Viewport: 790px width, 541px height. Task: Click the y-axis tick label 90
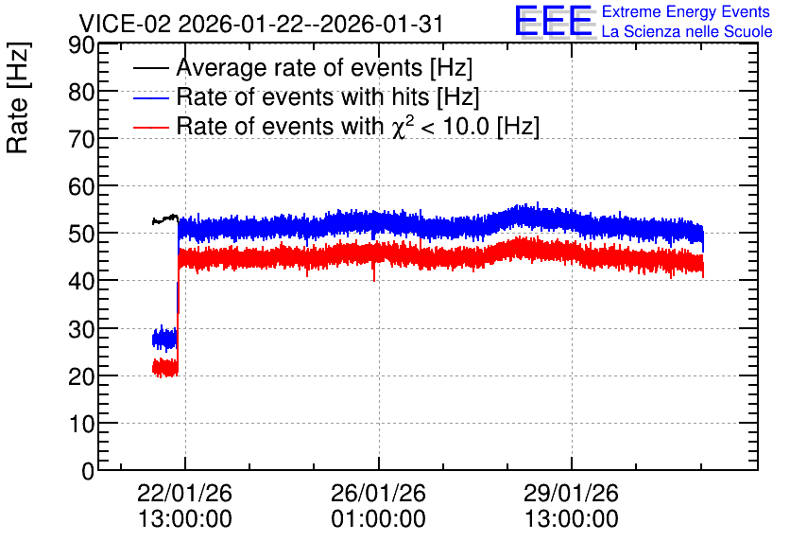click(80, 44)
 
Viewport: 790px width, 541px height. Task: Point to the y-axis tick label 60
click(80, 187)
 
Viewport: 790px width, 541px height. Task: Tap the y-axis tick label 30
click(80, 329)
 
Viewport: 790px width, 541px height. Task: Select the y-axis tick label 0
click(88, 471)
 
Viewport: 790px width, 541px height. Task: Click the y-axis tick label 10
click(80, 424)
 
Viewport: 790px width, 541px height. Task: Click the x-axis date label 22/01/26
click(184, 493)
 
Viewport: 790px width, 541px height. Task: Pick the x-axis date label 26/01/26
click(378, 493)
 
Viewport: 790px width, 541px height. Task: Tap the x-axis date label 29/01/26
click(571, 493)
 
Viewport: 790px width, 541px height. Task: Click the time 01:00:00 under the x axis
click(378, 518)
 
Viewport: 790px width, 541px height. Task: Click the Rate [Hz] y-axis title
click(18, 97)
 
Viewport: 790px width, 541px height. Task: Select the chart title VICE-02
click(125, 24)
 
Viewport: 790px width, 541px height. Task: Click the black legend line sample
click(150, 68)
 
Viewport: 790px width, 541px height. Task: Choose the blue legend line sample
click(150, 97)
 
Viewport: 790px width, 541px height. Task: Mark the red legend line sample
click(150, 127)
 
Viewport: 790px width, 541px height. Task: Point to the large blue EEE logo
click(554, 21)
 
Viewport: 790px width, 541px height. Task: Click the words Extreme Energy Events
click(686, 11)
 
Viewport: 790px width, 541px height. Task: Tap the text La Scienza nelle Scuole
click(687, 32)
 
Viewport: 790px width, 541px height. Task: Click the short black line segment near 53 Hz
click(165, 218)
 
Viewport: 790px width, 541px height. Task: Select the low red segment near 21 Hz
click(165, 368)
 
